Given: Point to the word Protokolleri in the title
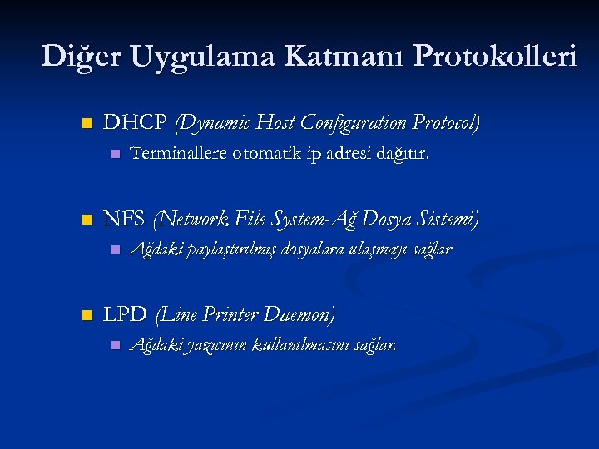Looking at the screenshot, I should (x=494, y=57).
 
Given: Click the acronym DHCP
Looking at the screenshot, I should (x=135, y=124).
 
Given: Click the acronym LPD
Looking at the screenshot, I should (x=125, y=315).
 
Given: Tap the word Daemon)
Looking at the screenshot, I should (x=299, y=315).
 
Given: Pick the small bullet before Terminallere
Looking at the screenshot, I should (x=116, y=155).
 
